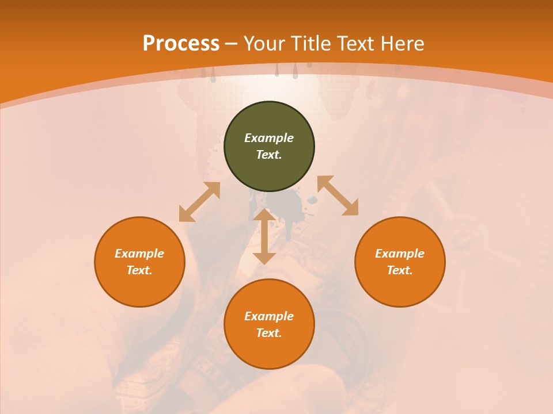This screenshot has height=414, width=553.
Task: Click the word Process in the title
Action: click(x=181, y=44)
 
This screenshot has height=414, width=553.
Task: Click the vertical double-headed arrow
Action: click(x=264, y=236)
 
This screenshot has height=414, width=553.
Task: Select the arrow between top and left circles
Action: click(x=199, y=202)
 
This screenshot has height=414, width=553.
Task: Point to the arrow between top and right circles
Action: click(x=338, y=195)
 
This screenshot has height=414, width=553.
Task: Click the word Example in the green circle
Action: click(x=269, y=138)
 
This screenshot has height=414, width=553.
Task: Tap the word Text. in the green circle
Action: click(x=269, y=155)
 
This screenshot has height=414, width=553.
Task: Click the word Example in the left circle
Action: click(x=139, y=254)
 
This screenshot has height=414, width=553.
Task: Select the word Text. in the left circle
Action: click(x=139, y=270)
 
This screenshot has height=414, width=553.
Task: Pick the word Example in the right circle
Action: click(x=400, y=254)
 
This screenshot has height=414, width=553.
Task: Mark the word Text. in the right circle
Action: click(x=400, y=270)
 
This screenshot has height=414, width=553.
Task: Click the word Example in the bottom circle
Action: click(x=269, y=316)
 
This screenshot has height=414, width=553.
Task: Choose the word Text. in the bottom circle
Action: click(x=269, y=333)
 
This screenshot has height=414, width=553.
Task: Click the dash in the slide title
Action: click(x=232, y=44)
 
